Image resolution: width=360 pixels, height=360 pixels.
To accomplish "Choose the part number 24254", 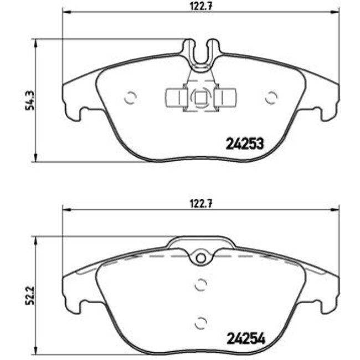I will tap(244, 337).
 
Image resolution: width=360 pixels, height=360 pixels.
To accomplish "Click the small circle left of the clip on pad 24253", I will tap(131, 97).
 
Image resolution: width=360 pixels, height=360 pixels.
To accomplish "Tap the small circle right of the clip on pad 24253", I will tap(271, 97).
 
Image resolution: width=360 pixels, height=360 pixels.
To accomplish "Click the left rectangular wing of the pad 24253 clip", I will tap(175, 98).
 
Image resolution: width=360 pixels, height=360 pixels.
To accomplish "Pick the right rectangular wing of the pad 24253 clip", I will tap(225, 98).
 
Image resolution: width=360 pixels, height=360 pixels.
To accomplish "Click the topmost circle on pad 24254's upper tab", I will tap(200, 258).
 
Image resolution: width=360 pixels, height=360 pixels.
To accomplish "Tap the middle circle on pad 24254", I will tap(200, 285).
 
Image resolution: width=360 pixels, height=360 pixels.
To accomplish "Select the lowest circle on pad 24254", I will tap(200, 322).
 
